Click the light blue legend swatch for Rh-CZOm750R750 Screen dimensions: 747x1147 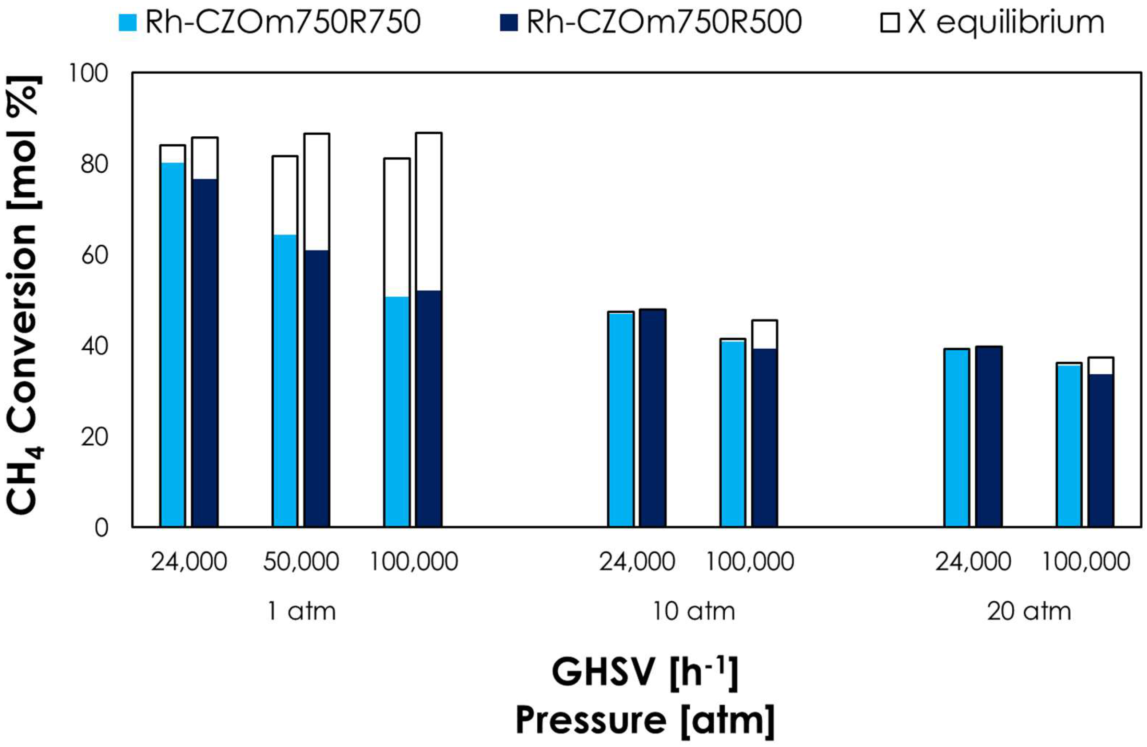127,23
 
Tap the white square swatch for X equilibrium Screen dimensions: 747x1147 890,23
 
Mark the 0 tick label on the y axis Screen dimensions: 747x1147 101,528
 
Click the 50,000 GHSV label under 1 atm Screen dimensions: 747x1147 301,562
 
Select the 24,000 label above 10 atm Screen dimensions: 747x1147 637,562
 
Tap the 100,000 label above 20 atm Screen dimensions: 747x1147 1086,562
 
